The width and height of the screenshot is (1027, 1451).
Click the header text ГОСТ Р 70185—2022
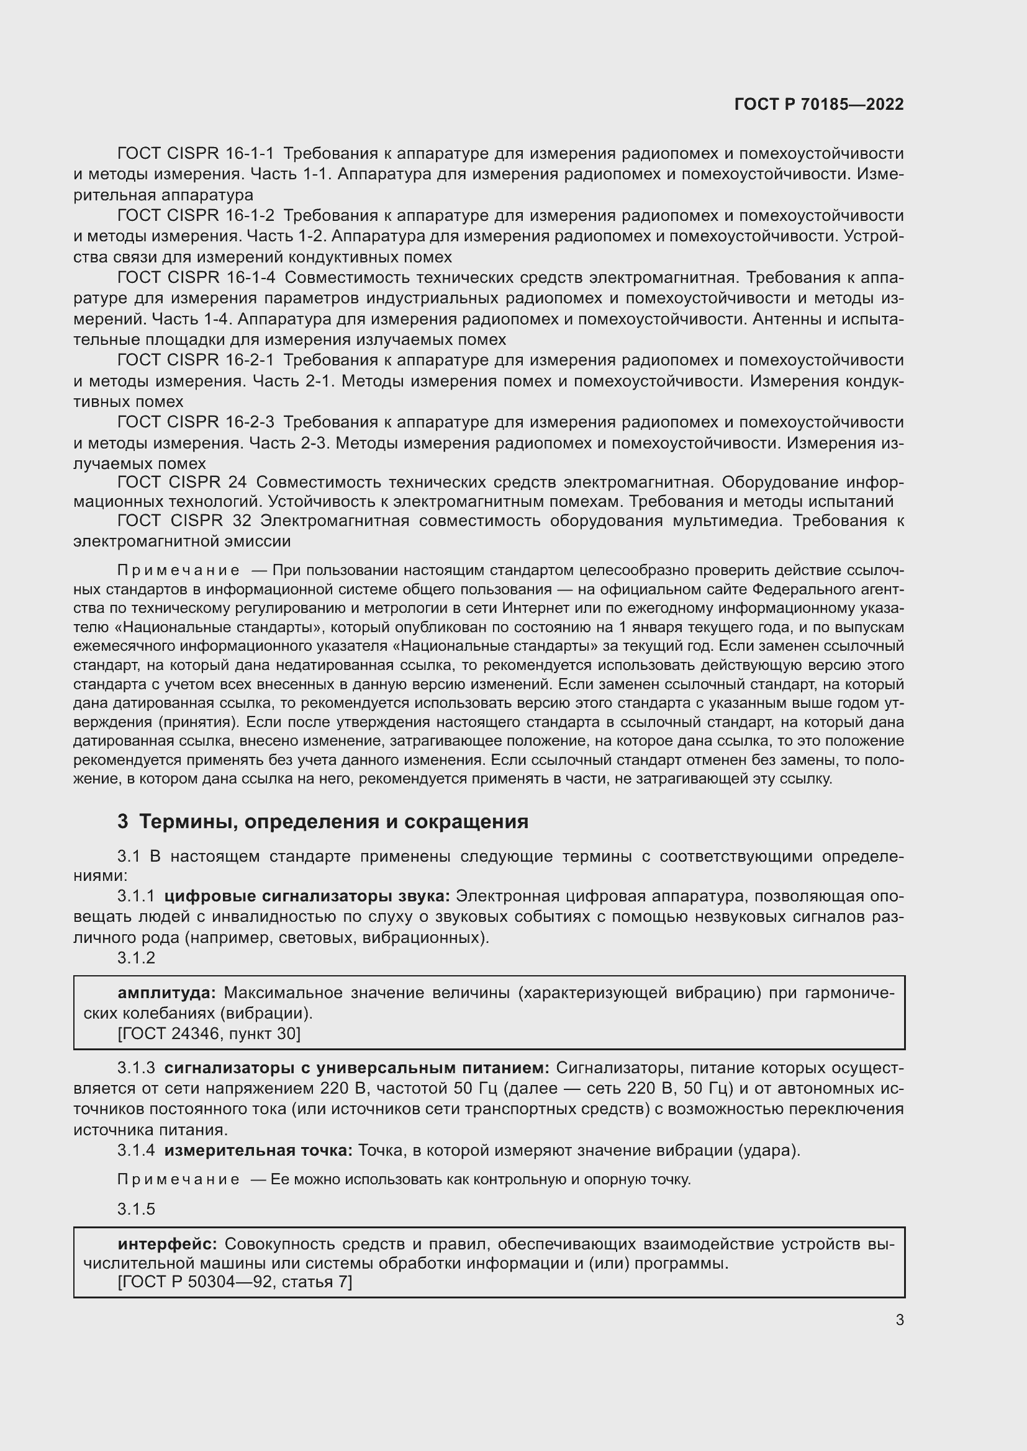819,104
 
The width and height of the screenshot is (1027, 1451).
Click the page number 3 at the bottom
899,1319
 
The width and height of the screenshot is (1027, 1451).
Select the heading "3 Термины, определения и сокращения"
322,821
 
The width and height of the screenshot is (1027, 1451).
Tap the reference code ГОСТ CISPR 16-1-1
196,153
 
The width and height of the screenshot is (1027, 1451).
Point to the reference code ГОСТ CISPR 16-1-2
196,215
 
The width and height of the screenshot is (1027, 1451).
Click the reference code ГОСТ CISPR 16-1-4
196,277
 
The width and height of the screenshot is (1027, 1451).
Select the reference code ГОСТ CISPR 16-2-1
196,360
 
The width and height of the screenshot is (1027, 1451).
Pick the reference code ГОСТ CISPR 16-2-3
196,422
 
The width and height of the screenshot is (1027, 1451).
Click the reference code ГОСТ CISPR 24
182,482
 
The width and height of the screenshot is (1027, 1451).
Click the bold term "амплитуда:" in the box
167,993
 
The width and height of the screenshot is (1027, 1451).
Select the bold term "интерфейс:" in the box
168,1244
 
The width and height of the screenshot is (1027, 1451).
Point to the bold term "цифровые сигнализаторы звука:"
307,896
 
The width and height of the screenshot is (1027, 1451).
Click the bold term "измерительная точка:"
258,1150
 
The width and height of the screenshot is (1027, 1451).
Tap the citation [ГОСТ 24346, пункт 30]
209,1034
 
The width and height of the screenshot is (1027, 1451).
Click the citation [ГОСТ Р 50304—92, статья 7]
235,1282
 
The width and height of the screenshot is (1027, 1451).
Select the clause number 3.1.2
136,958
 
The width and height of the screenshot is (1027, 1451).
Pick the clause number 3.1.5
136,1209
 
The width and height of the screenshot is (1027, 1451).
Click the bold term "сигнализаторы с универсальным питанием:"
357,1068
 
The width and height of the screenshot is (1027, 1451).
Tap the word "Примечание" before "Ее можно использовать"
178,1179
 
